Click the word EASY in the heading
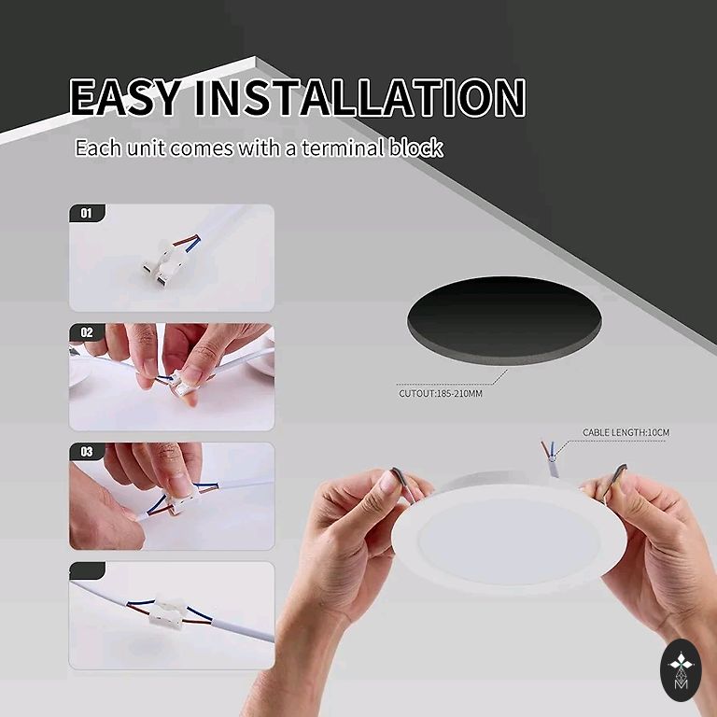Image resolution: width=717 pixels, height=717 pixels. (125, 97)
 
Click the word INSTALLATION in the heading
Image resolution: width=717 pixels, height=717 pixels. (359, 97)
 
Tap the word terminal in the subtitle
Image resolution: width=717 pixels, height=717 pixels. (343, 148)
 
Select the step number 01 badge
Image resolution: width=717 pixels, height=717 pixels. (87, 213)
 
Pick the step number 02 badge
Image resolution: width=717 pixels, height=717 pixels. (87, 332)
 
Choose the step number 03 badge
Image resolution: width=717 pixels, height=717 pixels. (87, 452)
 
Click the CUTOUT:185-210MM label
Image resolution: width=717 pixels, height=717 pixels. (441, 393)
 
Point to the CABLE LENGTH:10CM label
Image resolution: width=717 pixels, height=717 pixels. (626, 432)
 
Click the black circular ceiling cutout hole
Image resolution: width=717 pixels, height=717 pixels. (504, 319)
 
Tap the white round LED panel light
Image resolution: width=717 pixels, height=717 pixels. (509, 540)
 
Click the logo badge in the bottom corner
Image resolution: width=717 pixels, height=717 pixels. (681, 670)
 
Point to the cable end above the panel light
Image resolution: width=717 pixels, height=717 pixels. (550, 458)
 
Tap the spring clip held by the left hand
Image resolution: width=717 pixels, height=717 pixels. (402, 484)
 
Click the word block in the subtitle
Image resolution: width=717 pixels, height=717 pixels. (416, 148)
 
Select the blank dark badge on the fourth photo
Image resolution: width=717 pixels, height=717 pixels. (87, 571)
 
